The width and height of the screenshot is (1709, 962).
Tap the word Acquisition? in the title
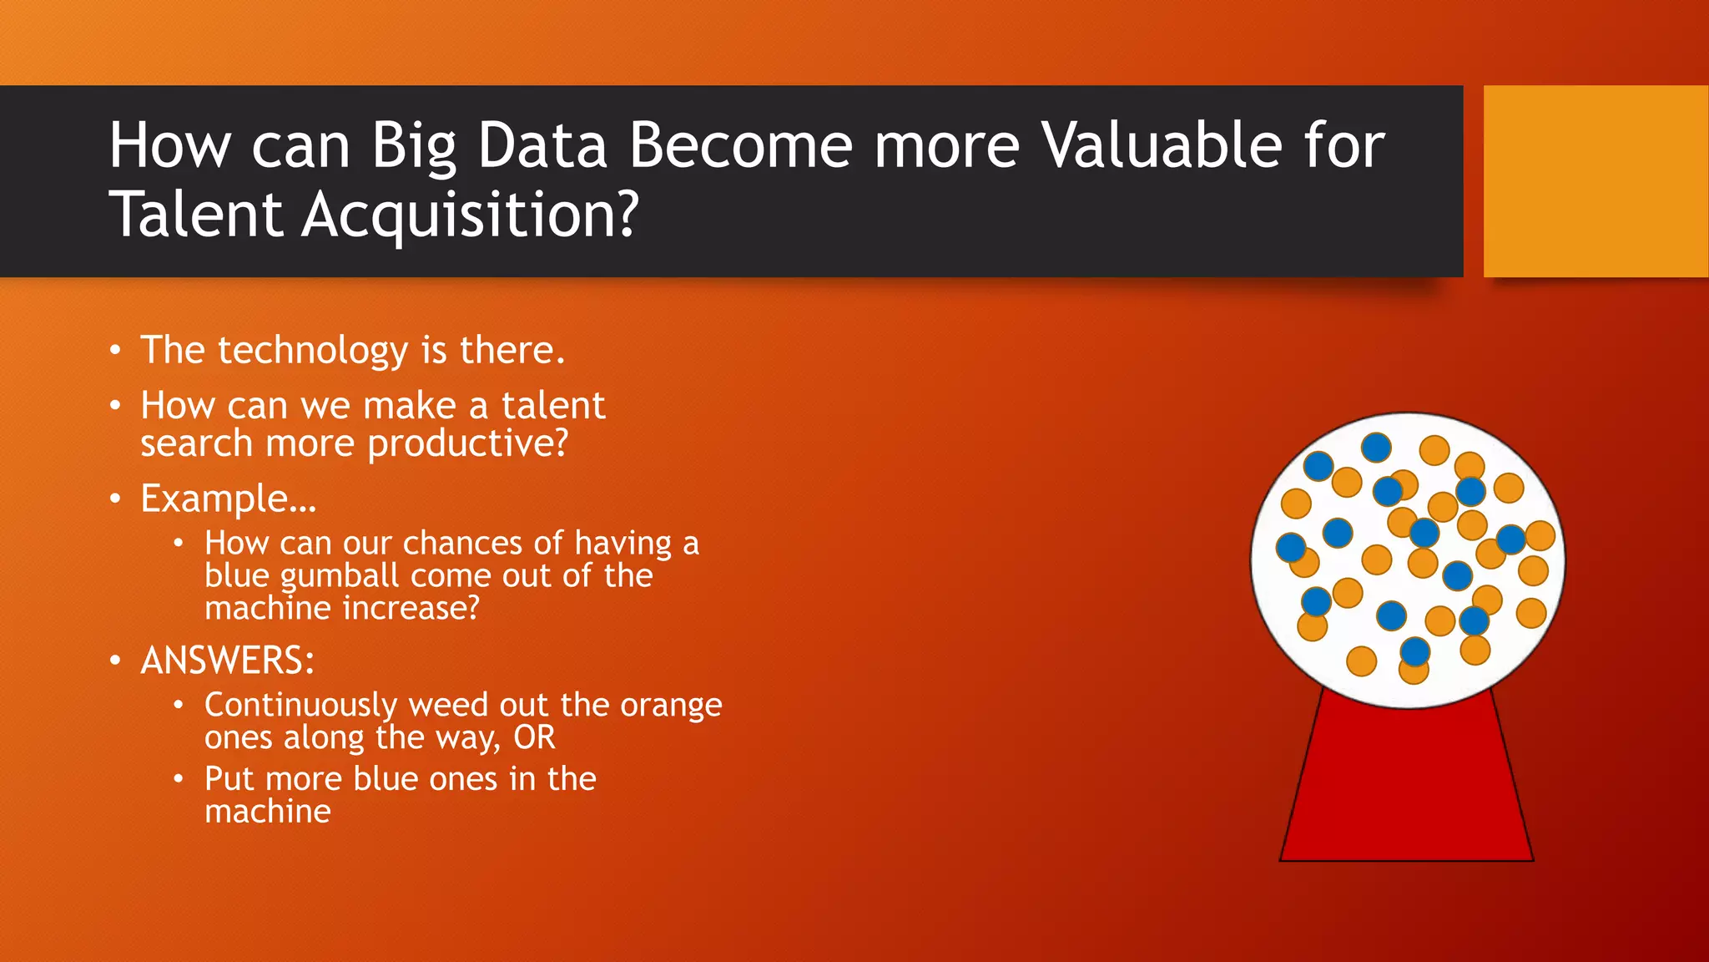point(470,215)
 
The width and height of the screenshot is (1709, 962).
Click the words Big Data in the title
point(489,145)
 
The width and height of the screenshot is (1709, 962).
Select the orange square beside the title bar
point(1595,181)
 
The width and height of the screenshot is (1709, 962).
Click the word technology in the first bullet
point(313,350)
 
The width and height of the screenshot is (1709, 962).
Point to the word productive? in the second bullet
point(468,443)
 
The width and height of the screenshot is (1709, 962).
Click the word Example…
point(229,499)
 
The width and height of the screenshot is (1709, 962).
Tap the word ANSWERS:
point(228,661)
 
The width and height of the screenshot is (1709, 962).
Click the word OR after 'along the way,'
point(534,737)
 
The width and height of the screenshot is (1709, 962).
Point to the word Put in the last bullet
point(229,779)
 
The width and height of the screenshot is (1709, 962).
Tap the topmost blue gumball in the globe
point(1376,448)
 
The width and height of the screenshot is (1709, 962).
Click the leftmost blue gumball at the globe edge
point(1291,548)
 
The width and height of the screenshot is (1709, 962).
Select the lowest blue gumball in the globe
point(1415,651)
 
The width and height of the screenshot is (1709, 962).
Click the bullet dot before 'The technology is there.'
point(116,350)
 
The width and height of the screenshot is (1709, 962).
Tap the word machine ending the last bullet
point(268,812)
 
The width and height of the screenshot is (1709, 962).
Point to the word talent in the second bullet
point(552,406)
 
